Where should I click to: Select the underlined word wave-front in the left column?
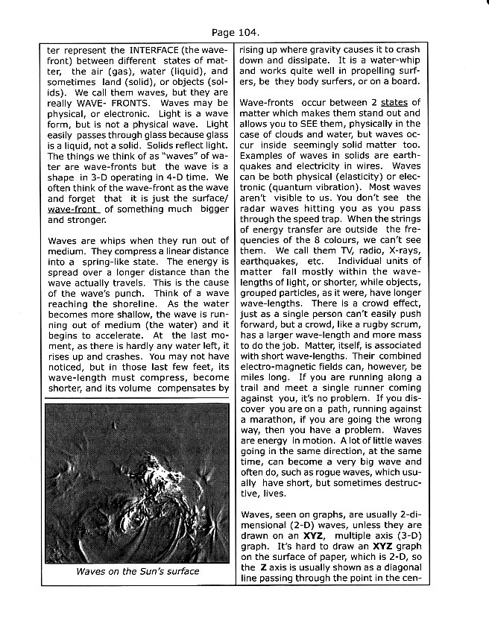pyautogui.click(x=73, y=210)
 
